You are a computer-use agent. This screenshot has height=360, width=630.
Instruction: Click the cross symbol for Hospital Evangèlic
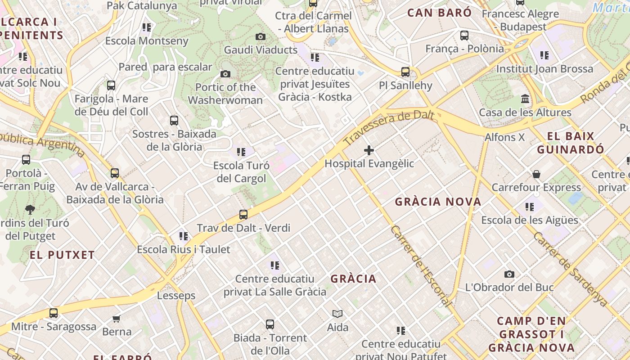[x=369, y=150]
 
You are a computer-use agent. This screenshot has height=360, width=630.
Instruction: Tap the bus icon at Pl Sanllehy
[x=405, y=72]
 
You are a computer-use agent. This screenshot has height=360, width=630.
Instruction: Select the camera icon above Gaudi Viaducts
[x=260, y=36]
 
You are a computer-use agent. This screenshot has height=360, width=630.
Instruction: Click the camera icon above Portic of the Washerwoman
[x=225, y=74]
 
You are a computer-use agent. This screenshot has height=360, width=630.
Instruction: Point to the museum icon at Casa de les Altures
[x=525, y=99]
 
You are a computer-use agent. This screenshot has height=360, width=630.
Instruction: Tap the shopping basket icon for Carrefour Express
[x=536, y=174]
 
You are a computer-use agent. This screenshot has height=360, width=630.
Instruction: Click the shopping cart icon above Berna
[x=117, y=319]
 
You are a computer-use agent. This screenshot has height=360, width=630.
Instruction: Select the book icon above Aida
[x=337, y=314]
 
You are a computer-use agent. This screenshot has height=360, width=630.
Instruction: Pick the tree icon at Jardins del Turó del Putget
[x=30, y=209]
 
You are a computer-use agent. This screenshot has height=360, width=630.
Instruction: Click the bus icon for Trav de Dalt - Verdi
[x=243, y=215]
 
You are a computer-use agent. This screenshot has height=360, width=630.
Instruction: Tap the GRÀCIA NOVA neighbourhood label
[x=438, y=202]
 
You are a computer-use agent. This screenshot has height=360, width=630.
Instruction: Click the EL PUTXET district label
[x=62, y=255]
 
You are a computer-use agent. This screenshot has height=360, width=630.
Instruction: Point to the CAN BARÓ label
[x=439, y=13]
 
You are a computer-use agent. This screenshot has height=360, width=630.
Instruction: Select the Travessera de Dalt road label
[x=389, y=128]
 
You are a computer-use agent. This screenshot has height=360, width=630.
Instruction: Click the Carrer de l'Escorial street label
[x=421, y=265]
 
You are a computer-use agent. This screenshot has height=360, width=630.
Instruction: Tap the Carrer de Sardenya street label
[x=570, y=269]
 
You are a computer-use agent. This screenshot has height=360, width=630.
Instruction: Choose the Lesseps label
[x=176, y=296]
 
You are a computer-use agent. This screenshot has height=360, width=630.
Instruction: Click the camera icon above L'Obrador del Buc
[x=509, y=274]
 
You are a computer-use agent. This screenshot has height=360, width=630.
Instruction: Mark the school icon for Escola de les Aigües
[x=530, y=207]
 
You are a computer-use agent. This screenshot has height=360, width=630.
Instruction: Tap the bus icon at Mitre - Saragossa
[x=54, y=313]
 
